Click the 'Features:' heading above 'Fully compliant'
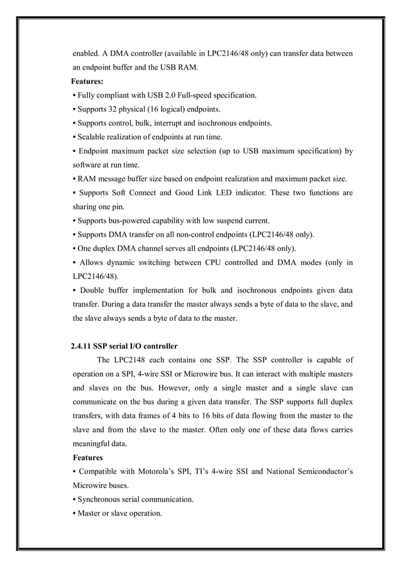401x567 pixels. tap(87, 82)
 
